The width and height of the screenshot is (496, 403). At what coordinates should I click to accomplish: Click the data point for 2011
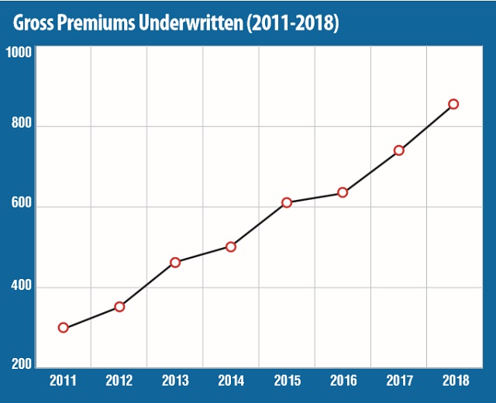coord(64,328)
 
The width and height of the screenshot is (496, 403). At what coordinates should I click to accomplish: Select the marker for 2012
coord(119,307)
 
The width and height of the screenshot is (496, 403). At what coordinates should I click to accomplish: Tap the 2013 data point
coord(175,263)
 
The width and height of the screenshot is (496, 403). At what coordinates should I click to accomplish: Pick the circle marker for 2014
coord(231,246)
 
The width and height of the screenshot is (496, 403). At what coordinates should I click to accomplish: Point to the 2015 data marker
coord(287,202)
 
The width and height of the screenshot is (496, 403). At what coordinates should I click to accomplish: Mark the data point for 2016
coord(343,192)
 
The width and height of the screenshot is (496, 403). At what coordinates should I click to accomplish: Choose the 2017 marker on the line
coord(398,150)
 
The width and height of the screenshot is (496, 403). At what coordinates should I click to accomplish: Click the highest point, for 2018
coord(454,104)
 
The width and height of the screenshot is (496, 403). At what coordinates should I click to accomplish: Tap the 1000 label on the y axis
coord(18,53)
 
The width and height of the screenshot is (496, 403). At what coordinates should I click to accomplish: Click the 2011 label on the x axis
coord(64,381)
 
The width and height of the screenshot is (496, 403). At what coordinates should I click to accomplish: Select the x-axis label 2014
coord(231,381)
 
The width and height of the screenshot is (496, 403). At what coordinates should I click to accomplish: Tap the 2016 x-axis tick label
coord(343,381)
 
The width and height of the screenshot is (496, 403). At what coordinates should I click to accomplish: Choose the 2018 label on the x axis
coord(454,381)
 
